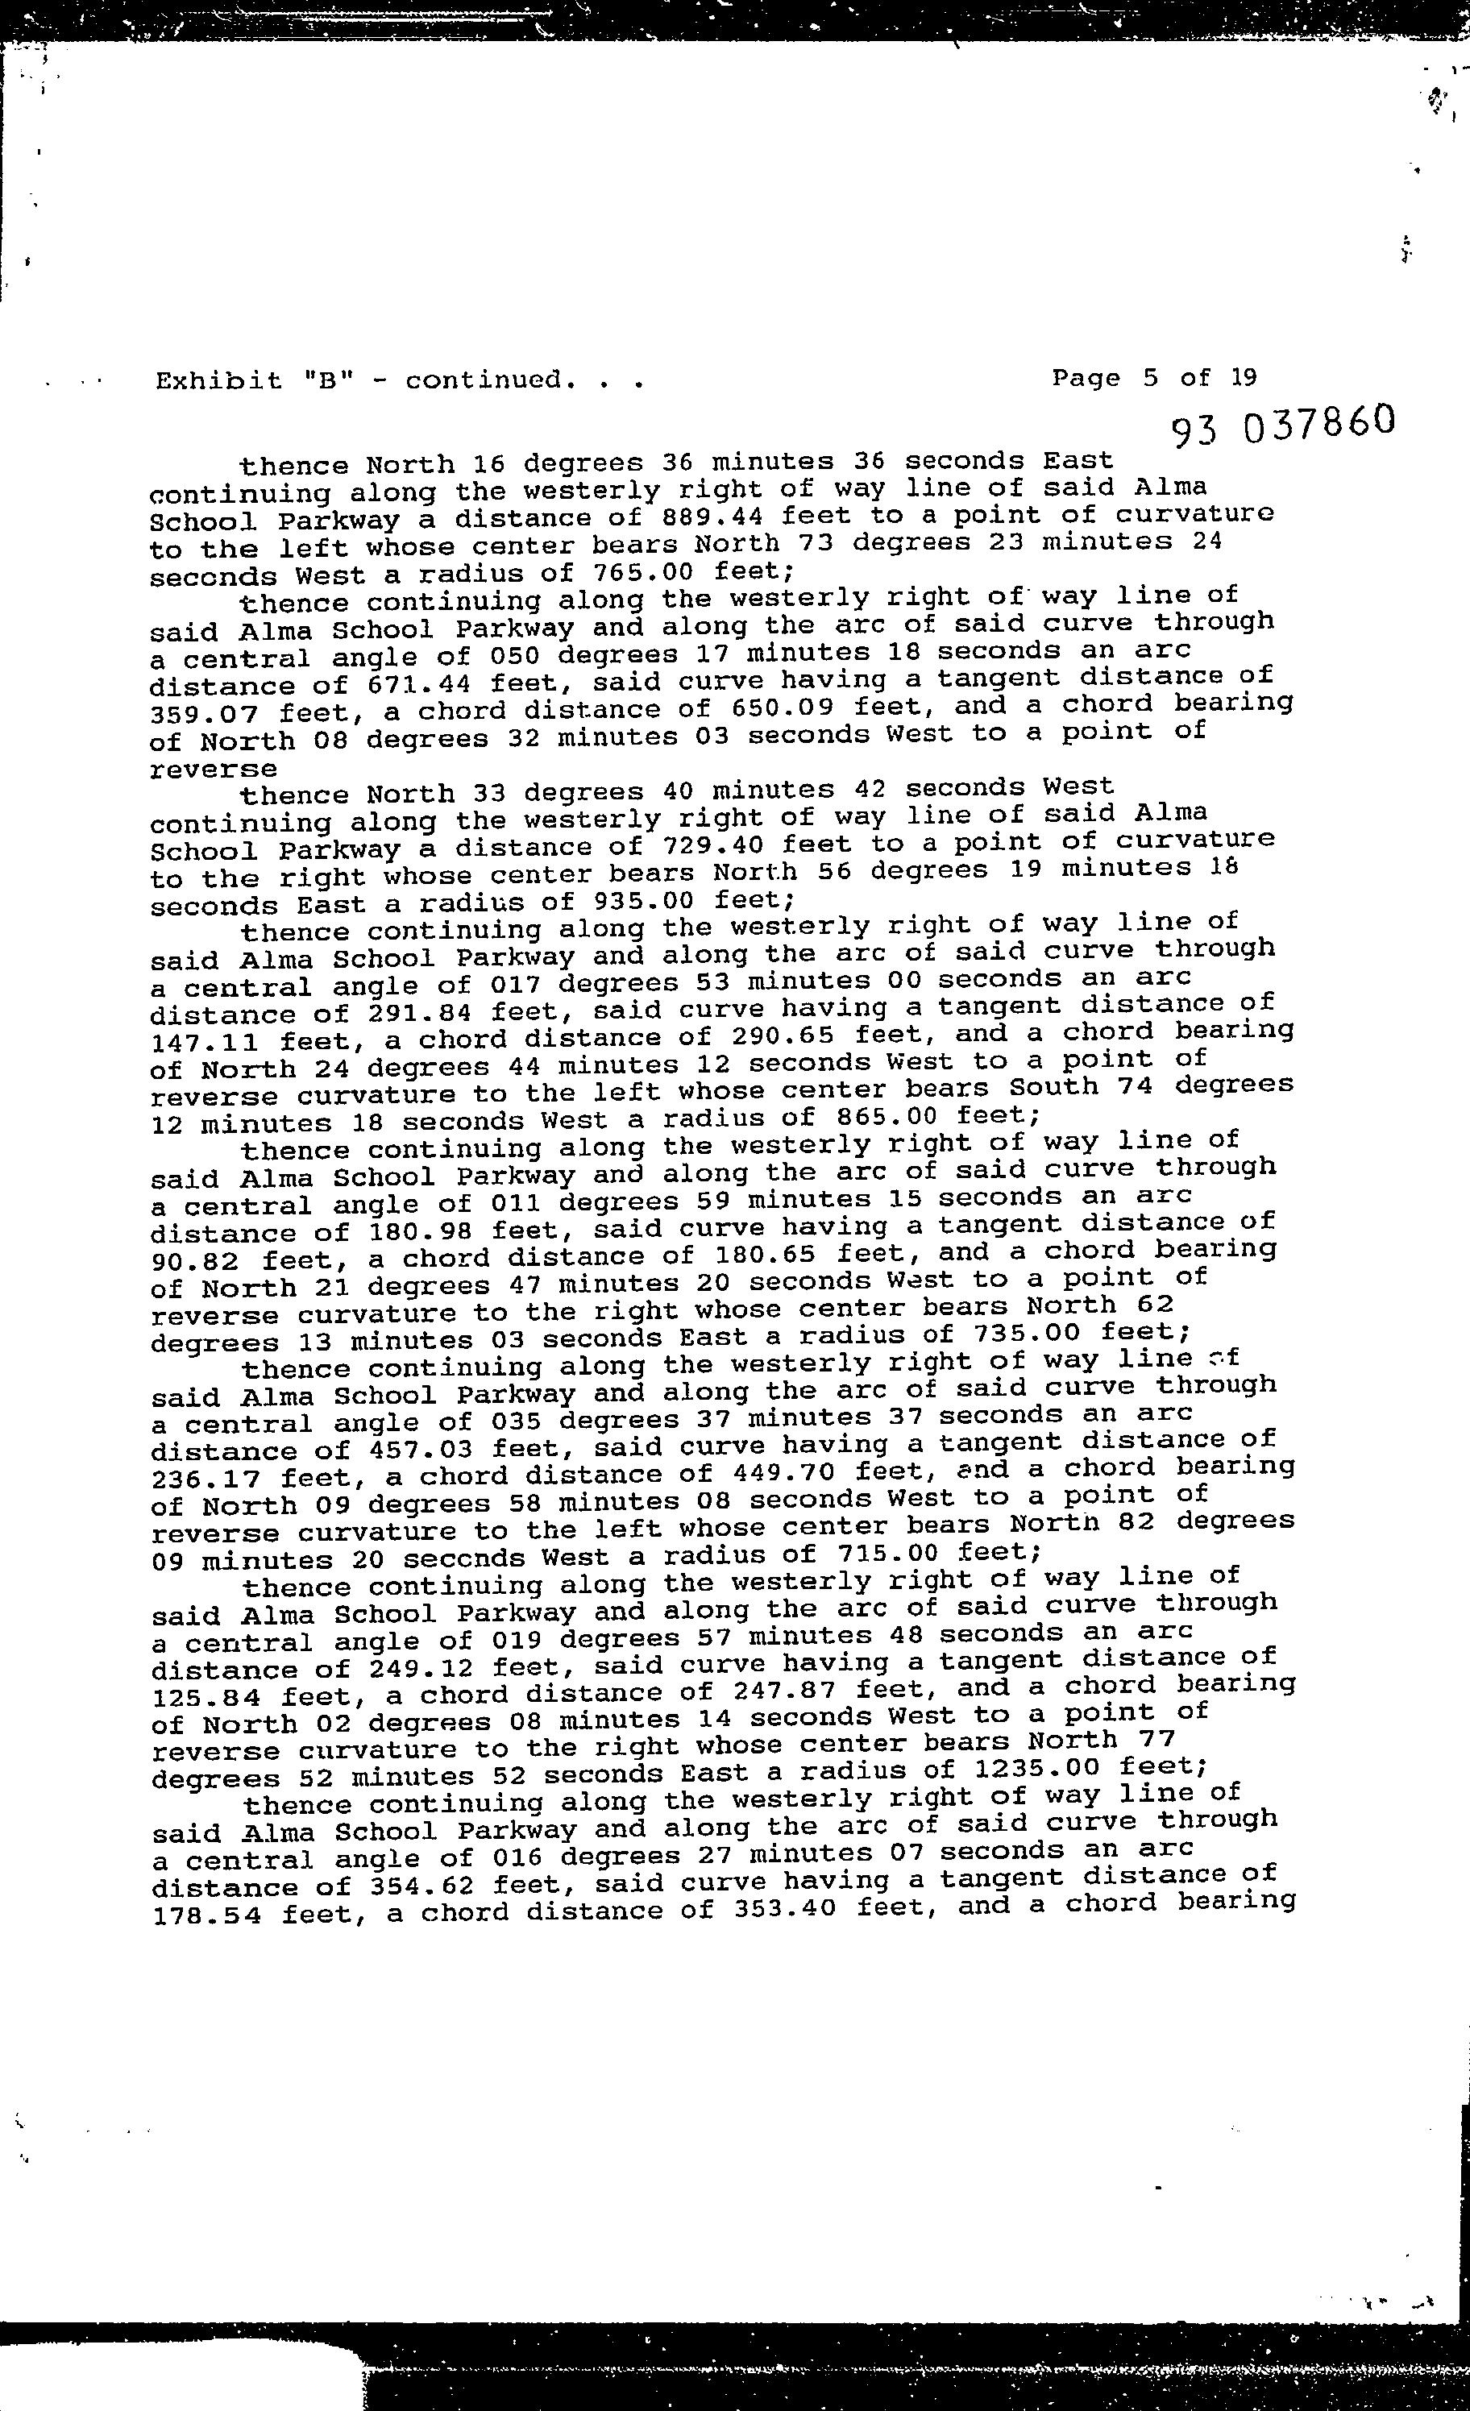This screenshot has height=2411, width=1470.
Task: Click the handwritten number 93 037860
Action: [x=1282, y=425]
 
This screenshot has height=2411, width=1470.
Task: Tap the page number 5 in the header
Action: [x=1150, y=378]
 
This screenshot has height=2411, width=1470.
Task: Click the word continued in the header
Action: [x=485, y=380]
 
